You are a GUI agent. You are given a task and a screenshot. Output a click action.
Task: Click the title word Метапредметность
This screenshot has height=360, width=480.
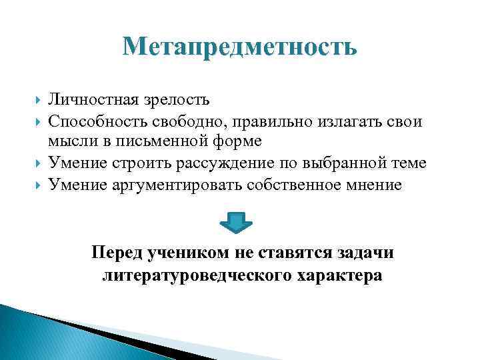(x=240, y=47)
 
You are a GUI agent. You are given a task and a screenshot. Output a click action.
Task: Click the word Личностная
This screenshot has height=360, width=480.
(x=91, y=100)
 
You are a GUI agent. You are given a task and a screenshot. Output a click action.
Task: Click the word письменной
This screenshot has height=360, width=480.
(x=163, y=142)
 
